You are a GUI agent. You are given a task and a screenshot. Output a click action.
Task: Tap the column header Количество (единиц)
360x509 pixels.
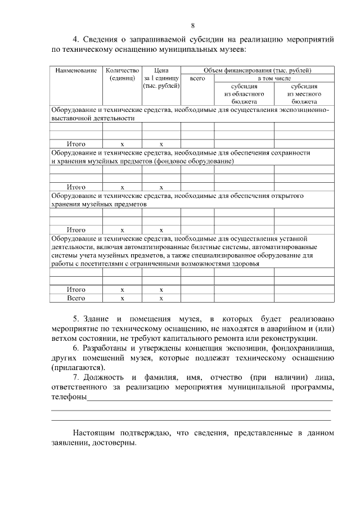pos(121,75)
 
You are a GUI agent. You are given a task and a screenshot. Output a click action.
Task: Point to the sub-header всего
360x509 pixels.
pos(197,79)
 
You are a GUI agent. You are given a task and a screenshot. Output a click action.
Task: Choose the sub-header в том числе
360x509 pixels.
pos(274,79)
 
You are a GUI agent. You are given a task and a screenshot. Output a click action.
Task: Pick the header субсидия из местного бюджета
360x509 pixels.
pos(304,94)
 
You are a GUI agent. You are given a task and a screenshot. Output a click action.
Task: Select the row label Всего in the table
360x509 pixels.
pos(76,298)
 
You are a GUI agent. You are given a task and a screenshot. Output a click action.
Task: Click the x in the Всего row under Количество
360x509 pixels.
pos(122,298)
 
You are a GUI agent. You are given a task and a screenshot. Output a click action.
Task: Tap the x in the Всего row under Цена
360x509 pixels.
pos(161,298)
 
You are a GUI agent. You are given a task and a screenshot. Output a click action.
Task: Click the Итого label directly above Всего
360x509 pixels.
pos(76,290)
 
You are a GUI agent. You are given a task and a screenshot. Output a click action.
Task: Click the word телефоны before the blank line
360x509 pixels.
pos(69,398)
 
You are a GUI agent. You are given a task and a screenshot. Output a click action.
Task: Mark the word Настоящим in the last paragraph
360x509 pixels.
pos(93,434)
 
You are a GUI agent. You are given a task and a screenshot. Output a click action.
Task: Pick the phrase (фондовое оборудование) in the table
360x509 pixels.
pos(193,161)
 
